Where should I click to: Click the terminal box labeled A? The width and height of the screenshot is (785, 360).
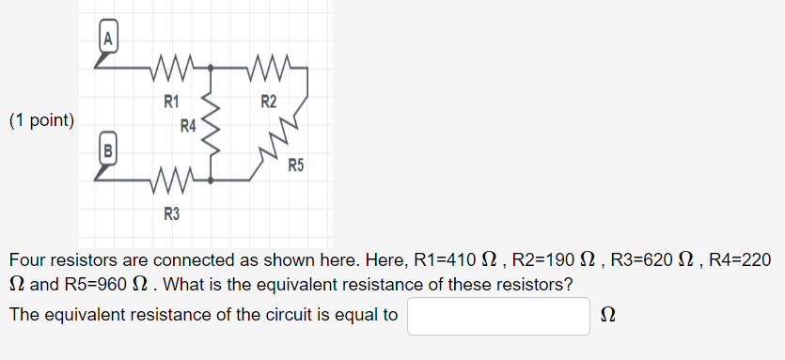[109, 39]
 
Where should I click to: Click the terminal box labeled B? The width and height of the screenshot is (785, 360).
[108, 149]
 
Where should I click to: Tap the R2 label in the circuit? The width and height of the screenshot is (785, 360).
[269, 101]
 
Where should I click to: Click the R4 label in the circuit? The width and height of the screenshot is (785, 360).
[189, 126]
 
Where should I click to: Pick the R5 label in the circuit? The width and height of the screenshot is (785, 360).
[296, 166]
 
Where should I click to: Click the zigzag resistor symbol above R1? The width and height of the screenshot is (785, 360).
[171, 69]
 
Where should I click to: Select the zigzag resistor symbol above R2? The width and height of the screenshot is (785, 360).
[269, 69]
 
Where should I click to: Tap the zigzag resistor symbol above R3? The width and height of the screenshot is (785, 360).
[171, 178]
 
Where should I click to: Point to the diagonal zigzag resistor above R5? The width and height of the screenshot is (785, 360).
[284, 136]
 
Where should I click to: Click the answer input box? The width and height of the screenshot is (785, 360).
[498, 316]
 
